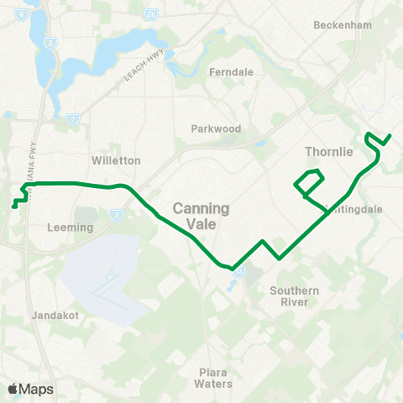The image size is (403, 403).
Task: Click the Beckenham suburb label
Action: pyautogui.click(x=342, y=25)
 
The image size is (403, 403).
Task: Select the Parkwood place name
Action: pyautogui.click(x=216, y=128)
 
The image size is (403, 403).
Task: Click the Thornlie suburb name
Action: pyautogui.click(x=328, y=151)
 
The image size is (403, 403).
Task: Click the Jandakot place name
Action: pyautogui.click(x=53, y=316)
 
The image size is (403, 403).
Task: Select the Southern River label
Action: pyautogui.click(x=294, y=296)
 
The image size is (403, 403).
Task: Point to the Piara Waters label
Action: pyautogui.click(x=213, y=377)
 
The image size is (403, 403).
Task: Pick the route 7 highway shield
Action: pyautogui.click(x=74, y=118)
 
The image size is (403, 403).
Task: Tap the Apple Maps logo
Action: pyautogui.click(x=30, y=389)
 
